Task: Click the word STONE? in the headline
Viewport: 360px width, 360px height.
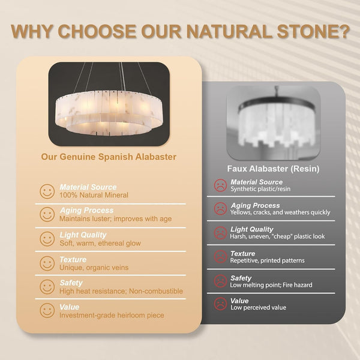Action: tap(313, 31)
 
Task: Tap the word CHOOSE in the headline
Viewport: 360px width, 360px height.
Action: tap(97, 31)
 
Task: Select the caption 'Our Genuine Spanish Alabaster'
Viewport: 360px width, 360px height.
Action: tap(109, 157)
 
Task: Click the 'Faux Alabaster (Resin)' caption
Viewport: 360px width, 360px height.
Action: tap(273, 169)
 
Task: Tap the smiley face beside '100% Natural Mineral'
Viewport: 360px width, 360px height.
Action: tap(47, 191)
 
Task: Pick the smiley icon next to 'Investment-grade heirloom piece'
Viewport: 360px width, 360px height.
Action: tap(47, 310)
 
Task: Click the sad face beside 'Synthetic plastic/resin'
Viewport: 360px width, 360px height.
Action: tap(220, 185)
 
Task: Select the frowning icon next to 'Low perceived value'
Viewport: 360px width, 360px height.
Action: tap(220, 304)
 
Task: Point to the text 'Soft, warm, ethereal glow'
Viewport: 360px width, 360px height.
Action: tap(100, 243)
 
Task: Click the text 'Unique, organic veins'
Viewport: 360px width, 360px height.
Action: tap(94, 268)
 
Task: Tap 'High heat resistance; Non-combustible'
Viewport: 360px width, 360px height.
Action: tap(121, 291)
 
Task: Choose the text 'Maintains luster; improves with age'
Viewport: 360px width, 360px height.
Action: tap(115, 218)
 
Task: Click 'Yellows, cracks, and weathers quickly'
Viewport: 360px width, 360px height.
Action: tap(280, 212)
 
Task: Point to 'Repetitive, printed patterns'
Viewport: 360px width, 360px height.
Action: tap(267, 260)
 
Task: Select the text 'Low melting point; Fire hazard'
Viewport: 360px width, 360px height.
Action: tap(271, 285)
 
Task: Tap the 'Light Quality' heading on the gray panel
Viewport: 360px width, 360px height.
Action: tap(251, 229)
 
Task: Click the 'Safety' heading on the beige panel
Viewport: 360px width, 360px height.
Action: tap(71, 283)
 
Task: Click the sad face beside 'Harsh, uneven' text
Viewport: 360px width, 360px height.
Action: tap(220, 233)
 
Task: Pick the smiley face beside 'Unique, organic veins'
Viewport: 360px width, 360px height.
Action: tap(47, 263)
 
